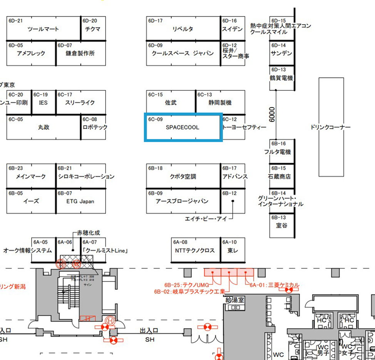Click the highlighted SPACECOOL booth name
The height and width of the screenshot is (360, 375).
(182, 127)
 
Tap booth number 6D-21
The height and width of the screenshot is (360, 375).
(15, 21)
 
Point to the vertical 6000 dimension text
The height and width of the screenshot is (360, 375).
(273, 115)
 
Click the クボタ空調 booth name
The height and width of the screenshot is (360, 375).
(183, 177)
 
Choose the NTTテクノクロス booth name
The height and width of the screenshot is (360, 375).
(194, 250)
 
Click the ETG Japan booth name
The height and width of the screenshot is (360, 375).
(80, 201)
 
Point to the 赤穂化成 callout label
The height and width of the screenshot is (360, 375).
(89, 233)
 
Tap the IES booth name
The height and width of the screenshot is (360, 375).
(43, 103)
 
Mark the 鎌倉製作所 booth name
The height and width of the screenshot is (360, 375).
(80, 53)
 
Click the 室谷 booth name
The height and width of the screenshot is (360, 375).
(281, 226)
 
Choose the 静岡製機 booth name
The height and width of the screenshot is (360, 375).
(220, 103)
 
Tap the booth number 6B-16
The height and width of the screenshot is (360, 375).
(278, 144)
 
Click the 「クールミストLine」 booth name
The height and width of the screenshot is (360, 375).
(105, 250)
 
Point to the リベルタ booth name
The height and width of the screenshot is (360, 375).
(183, 29)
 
